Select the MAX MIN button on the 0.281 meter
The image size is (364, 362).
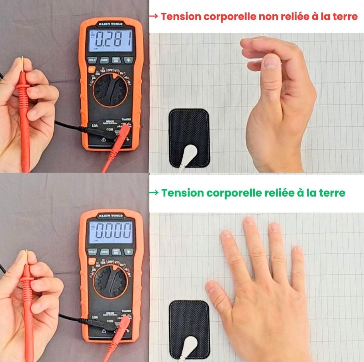point(115,60)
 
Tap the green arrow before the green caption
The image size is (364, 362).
point(154,193)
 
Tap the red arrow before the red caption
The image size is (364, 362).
point(154,16)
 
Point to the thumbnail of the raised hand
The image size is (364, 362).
point(272,61)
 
